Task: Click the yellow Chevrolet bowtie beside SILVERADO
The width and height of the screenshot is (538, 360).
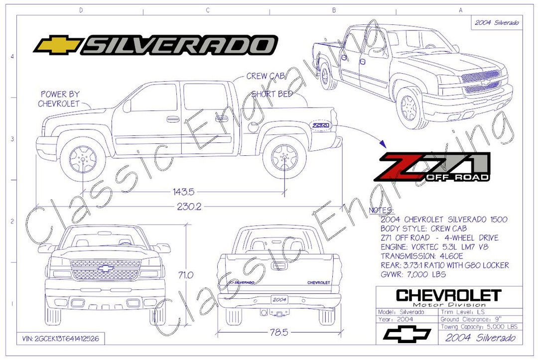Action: pos(58,45)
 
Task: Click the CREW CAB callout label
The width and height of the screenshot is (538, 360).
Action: pos(265,76)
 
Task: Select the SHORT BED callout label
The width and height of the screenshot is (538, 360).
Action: pos(271,94)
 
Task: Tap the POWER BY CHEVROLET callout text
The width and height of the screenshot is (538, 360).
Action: pos(60,99)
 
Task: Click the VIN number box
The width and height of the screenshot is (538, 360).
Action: pos(60,339)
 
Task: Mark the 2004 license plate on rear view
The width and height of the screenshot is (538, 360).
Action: pos(279,300)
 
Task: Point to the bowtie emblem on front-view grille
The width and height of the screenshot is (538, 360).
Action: pos(105,268)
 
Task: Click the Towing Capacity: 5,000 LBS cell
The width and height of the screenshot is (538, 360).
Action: pos(479,327)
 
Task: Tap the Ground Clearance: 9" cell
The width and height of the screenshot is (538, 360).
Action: pos(479,319)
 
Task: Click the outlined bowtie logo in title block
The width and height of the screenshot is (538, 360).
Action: pos(406,335)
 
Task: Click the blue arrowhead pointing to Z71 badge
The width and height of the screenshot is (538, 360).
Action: pos(382,143)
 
